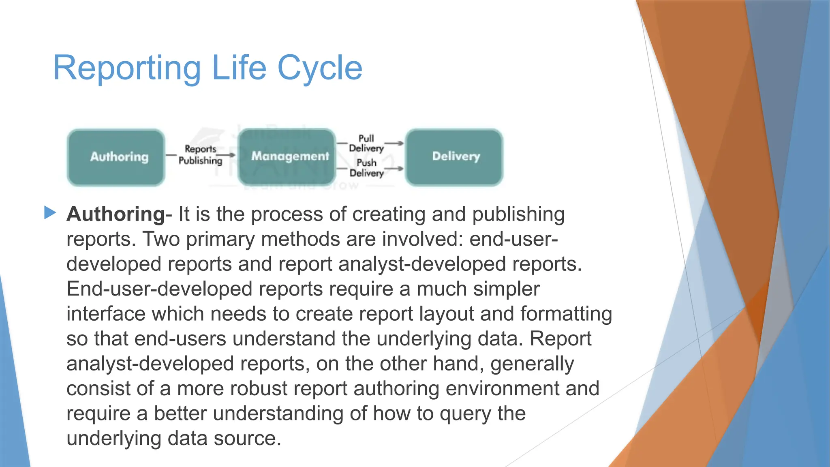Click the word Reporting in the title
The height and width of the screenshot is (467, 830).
pyautogui.click(x=127, y=68)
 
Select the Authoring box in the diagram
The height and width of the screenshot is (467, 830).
pyautogui.click(x=116, y=157)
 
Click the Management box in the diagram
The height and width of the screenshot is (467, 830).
pyautogui.click(x=287, y=156)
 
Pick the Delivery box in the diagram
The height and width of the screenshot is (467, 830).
pyautogui.click(x=454, y=156)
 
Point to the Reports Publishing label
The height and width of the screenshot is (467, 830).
pyautogui.click(x=200, y=155)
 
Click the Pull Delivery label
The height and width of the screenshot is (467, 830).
pyautogui.click(x=366, y=144)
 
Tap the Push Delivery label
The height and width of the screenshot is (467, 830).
pyautogui.click(x=366, y=168)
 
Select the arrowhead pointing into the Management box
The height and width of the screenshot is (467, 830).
pyautogui.click(x=232, y=155)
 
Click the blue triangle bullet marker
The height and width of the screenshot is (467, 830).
pyautogui.click(x=50, y=212)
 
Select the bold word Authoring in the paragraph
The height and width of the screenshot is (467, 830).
pyautogui.click(x=116, y=214)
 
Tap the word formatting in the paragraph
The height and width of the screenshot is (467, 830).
pyautogui.click(x=566, y=314)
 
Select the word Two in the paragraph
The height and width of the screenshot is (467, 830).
pyautogui.click(x=161, y=239)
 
